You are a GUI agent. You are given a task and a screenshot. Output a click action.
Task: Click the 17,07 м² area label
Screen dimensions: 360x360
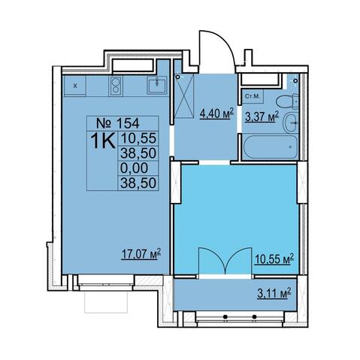[x=141, y=254]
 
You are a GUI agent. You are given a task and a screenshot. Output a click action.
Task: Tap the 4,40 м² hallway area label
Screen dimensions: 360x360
[x=216, y=114]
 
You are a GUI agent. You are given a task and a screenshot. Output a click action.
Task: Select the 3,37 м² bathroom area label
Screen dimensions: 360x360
[x=262, y=116]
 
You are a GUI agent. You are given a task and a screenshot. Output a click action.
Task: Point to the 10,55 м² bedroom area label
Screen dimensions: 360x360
[x=274, y=259]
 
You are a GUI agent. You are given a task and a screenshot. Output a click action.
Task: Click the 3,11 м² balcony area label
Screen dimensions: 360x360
[x=274, y=292]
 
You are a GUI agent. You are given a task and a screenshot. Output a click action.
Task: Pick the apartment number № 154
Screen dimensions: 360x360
[x=118, y=123]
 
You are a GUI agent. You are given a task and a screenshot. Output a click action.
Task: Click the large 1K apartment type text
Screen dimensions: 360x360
[x=103, y=141]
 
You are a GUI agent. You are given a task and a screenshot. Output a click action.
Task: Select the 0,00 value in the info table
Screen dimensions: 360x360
[x=134, y=168]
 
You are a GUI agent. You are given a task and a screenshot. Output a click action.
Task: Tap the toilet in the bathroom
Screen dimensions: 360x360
[x=287, y=101]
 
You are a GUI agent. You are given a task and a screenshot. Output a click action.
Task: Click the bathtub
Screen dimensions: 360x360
[x=271, y=147]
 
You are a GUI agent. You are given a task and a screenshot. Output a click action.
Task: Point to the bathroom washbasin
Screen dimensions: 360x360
[x=291, y=123]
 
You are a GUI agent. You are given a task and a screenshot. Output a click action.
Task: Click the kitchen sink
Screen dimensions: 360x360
[x=157, y=86]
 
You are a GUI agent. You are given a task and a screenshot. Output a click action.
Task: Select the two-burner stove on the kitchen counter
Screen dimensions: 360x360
[x=116, y=86]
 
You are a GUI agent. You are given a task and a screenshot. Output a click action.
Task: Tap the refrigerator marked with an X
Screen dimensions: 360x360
[x=75, y=86]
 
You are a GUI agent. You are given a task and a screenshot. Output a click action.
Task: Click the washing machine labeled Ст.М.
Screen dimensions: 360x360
[x=253, y=96]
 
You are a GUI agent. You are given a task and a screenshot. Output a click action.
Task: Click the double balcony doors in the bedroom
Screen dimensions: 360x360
[x=225, y=261]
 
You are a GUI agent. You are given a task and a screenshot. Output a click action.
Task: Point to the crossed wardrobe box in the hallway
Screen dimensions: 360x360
[x=184, y=96]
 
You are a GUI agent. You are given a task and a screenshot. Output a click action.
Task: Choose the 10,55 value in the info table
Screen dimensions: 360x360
[x=138, y=138]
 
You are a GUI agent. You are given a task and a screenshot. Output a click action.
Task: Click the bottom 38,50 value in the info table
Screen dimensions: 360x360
[x=138, y=183]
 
